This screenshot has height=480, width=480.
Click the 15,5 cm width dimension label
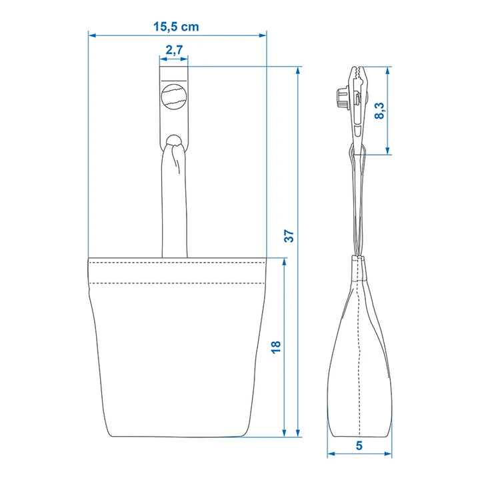tap(176, 27)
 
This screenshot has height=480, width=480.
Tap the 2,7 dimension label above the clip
tap(174, 49)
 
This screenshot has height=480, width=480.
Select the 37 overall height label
tap(289, 236)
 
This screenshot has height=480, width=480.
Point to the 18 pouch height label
tap(276, 347)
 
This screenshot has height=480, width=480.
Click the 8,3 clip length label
tap(379, 111)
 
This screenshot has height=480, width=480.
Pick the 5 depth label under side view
tap(359, 445)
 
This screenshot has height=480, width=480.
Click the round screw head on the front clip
tap(174, 96)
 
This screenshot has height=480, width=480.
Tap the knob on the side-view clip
tap(343, 98)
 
